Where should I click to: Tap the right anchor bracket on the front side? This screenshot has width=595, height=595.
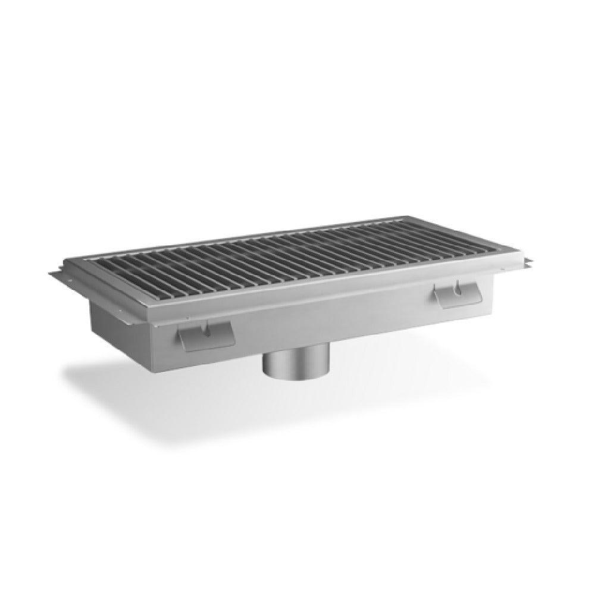coord(459,296)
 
